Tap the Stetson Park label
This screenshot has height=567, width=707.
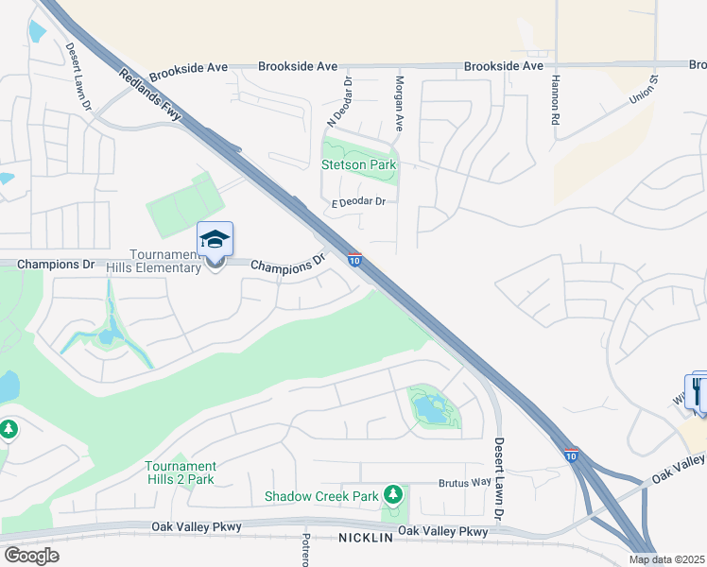click(x=359, y=164)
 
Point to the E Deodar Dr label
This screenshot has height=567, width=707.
click(x=358, y=201)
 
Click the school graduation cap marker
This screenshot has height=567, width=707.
click(x=215, y=239)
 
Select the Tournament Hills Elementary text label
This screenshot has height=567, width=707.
click(x=166, y=262)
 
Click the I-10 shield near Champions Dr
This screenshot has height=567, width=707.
click(x=353, y=260)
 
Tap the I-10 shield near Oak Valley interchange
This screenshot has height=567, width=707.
click(x=571, y=455)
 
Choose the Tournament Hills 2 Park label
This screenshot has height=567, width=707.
click(x=181, y=472)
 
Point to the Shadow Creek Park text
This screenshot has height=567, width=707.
click(x=320, y=496)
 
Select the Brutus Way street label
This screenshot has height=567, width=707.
click(x=464, y=483)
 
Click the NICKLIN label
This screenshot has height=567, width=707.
click(x=365, y=536)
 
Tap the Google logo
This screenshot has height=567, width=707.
click(x=31, y=555)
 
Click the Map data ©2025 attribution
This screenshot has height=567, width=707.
click(x=667, y=560)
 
